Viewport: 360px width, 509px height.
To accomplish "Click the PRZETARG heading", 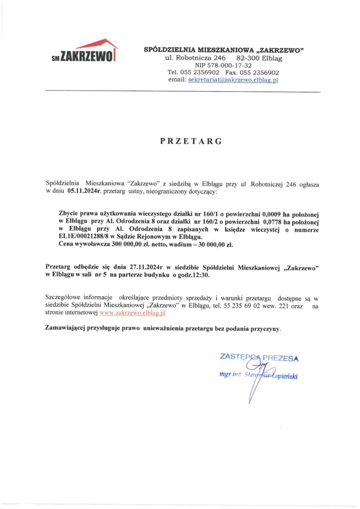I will tap(191, 142).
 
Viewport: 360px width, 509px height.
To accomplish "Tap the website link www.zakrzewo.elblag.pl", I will tap(133, 314).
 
